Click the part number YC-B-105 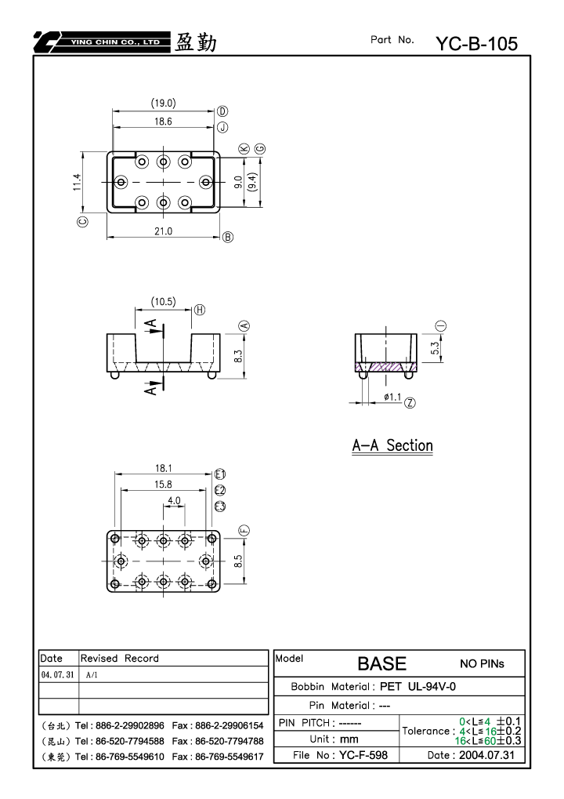(476, 44)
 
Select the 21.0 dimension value (164, 231)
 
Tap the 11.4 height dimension (77, 182)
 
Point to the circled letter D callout (222, 111)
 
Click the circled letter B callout (227, 237)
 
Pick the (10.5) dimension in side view (164, 302)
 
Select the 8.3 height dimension (238, 356)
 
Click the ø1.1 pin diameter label (392, 397)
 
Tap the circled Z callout (410, 403)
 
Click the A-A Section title (392, 445)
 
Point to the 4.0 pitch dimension (174, 500)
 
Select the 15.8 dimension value (164, 484)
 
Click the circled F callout (244, 531)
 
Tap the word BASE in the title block (381, 663)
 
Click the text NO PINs (482, 663)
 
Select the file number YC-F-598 (363, 755)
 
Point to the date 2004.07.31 (486, 755)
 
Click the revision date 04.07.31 (57, 674)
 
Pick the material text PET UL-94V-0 (418, 686)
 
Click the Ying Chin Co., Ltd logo (103, 42)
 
